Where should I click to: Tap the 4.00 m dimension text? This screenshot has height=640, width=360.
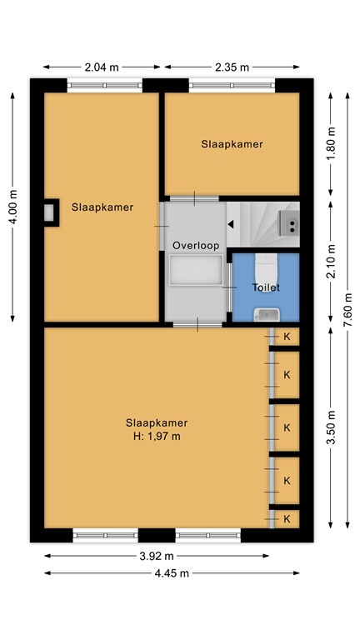pyautogui.click(x=14, y=206)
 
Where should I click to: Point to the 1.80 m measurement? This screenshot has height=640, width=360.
pyautogui.click(x=331, y=143)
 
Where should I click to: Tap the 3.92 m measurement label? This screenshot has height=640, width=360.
pyautogui.click(x=156, y=556)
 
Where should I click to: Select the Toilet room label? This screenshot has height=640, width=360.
pyautogui.click(x=266, y=287)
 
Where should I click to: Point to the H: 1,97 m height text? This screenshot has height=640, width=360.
pyautogui.click(x=157, y=435)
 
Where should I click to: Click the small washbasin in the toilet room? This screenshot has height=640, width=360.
pyautogui.click(x=267, y=313)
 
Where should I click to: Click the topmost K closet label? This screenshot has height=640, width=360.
pyautogui.click(x=287, y=337)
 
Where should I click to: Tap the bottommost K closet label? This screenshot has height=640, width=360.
pyautogui.click(x=287, y=518)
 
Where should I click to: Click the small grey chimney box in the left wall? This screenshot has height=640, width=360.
pyautogui.click(x=50, y=212)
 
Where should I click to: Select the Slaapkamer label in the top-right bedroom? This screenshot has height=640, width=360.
pyautogui.click(x=232, y=143)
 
